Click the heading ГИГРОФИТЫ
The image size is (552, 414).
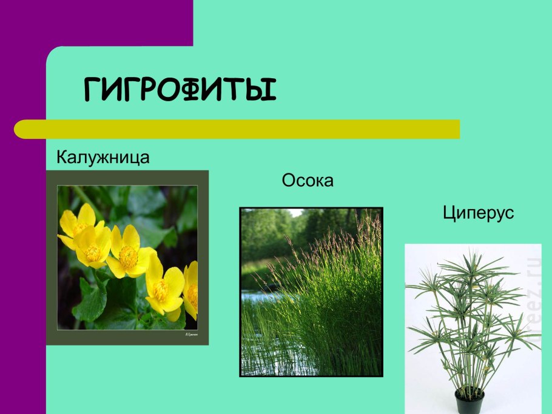click(180, 89)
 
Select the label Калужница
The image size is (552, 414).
click(103, 158)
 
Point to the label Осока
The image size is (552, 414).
click(308, 181)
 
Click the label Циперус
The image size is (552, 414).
click(478, 213)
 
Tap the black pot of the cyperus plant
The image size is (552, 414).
click(470, 402)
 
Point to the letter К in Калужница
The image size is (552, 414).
click(62, 158)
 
